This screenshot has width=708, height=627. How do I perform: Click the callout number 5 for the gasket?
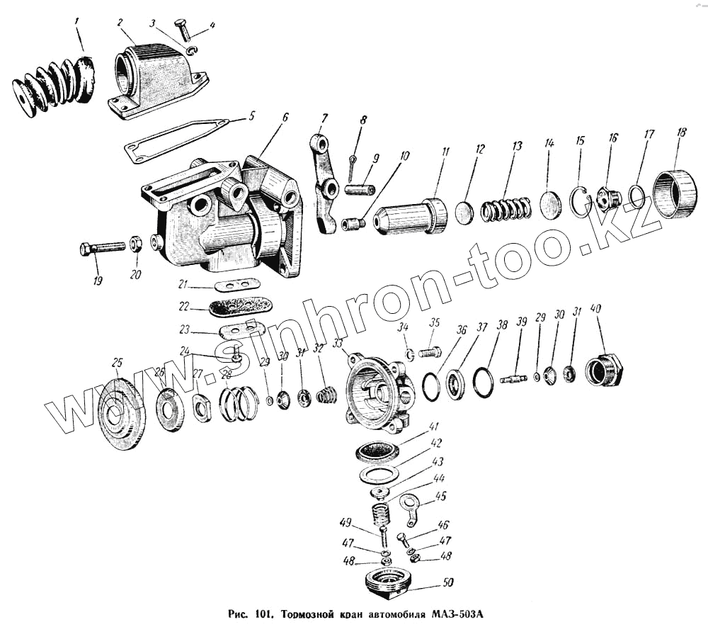click(x=252, y=115)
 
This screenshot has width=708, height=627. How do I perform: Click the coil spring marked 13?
click(x=506, y=208)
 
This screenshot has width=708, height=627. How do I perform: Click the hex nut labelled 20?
click(x=137, y=245)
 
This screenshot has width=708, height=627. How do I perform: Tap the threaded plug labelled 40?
click(x=604, y=370)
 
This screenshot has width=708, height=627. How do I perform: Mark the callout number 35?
click(x=435, y=324)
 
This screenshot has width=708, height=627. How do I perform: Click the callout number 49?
click(x=346, y=523)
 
